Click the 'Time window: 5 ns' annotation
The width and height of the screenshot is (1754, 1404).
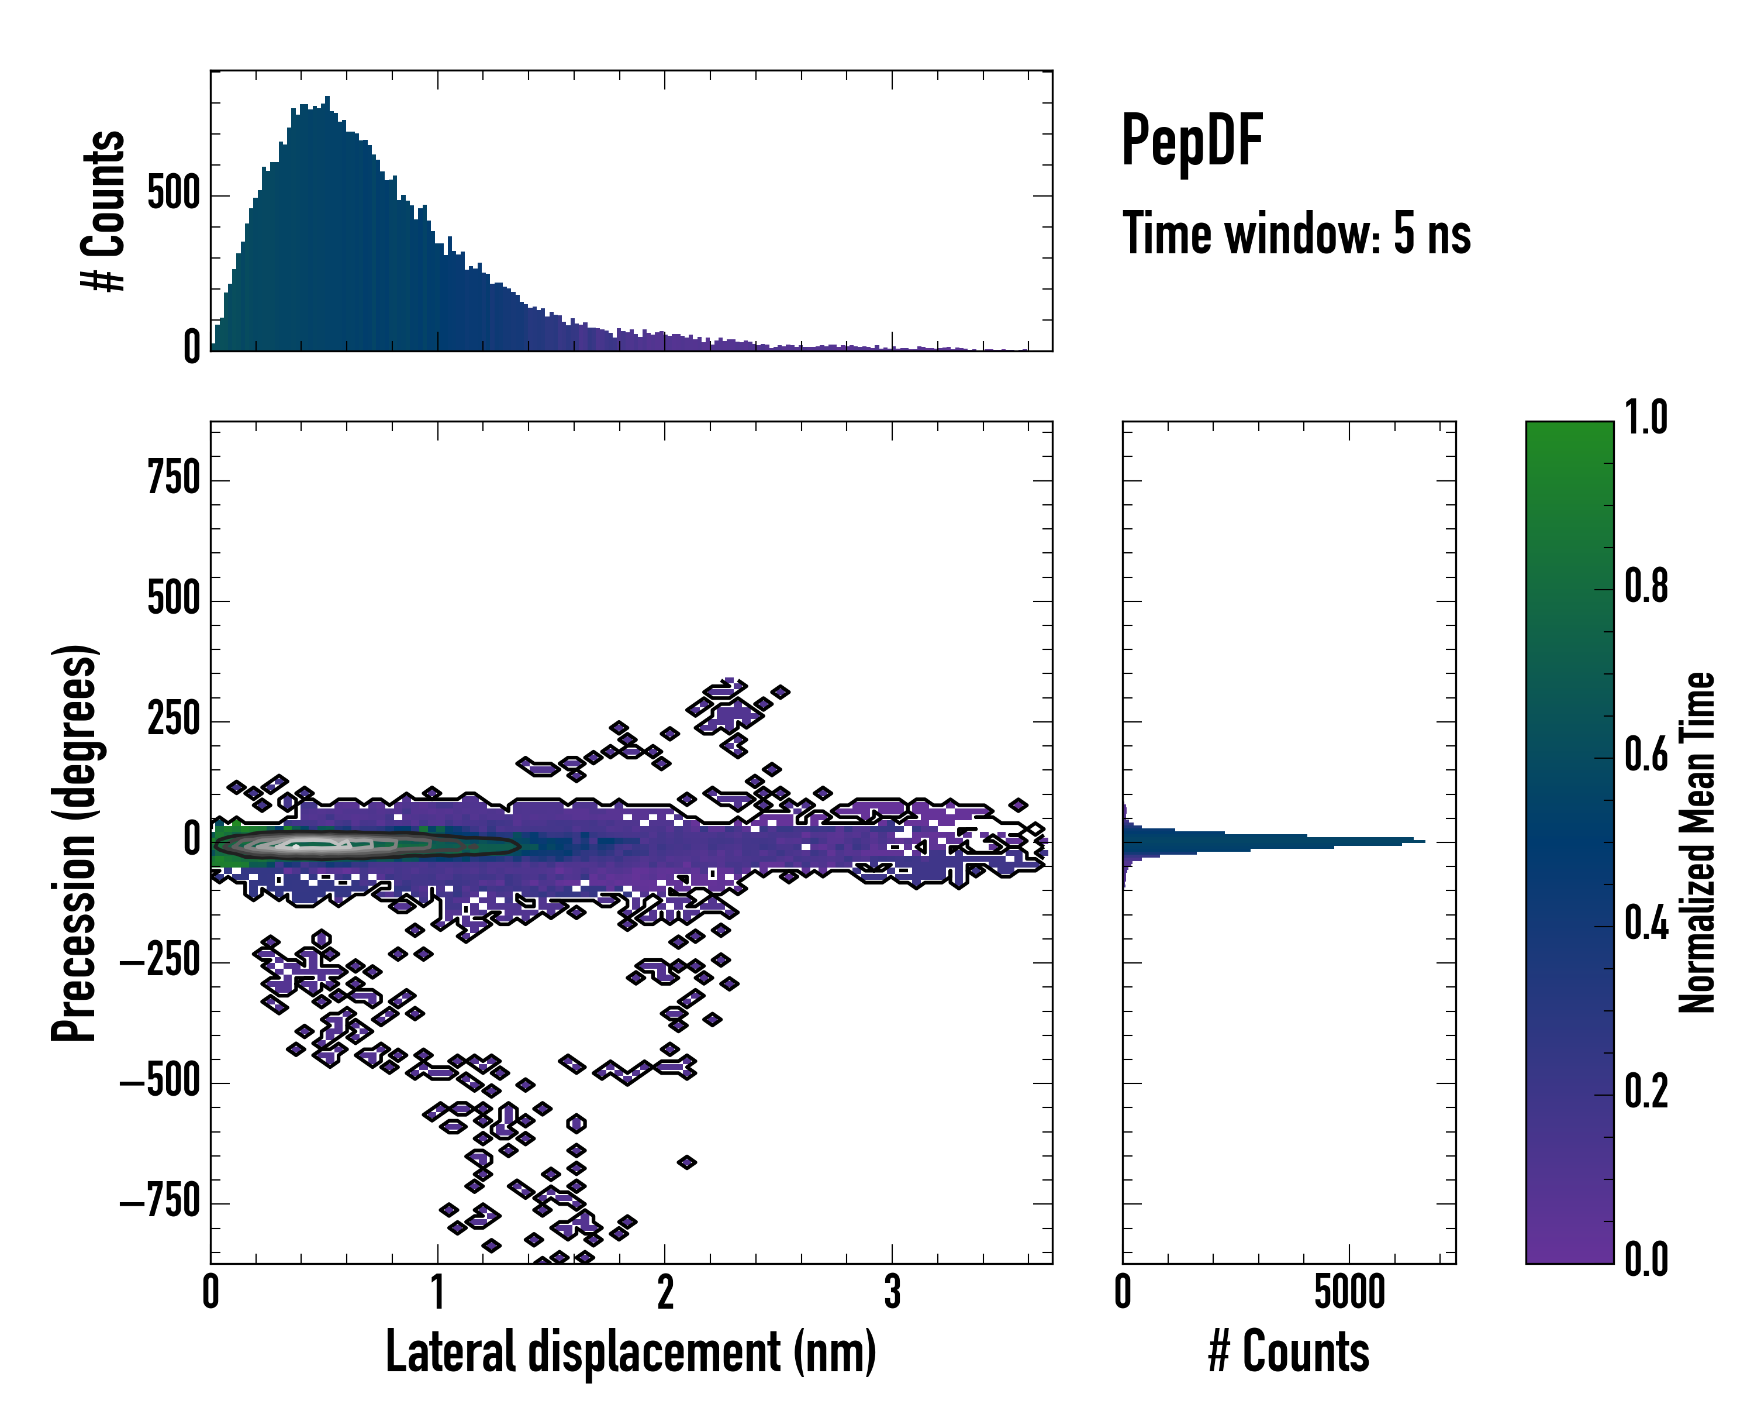pyautogui.click(x=1296, y=233)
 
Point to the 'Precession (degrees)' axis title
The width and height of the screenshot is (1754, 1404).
pyautogui.click(x=75, y=842)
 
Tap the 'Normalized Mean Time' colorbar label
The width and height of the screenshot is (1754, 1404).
pyautogui.click(x=1697, y=842)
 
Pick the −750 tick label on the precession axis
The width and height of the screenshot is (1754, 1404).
pyautogui.click(x=160, y=1202)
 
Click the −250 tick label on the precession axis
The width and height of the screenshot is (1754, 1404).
pyautogui.click(x=160, y=961)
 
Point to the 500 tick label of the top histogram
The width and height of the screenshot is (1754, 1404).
pyautogui.click(x=173, y=195)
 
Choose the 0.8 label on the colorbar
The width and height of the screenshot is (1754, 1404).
pyautogui.click(x=1646, y=586)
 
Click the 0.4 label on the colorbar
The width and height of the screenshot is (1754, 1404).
pyautogui.click(x=1646, y=924)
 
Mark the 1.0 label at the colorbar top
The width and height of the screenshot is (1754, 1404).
pyautogui.click(x=1646, y=418)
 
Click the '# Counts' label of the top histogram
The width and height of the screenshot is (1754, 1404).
pyautogui.click(x=104, y=212)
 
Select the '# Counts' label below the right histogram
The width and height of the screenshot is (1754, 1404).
pyautogui.click(x=1289, y=1352)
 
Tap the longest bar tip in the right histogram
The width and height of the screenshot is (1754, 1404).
pyautogui.click(x=1422, y=841)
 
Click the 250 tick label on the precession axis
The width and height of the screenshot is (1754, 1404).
pyautogui.click(x=173, y=720)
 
